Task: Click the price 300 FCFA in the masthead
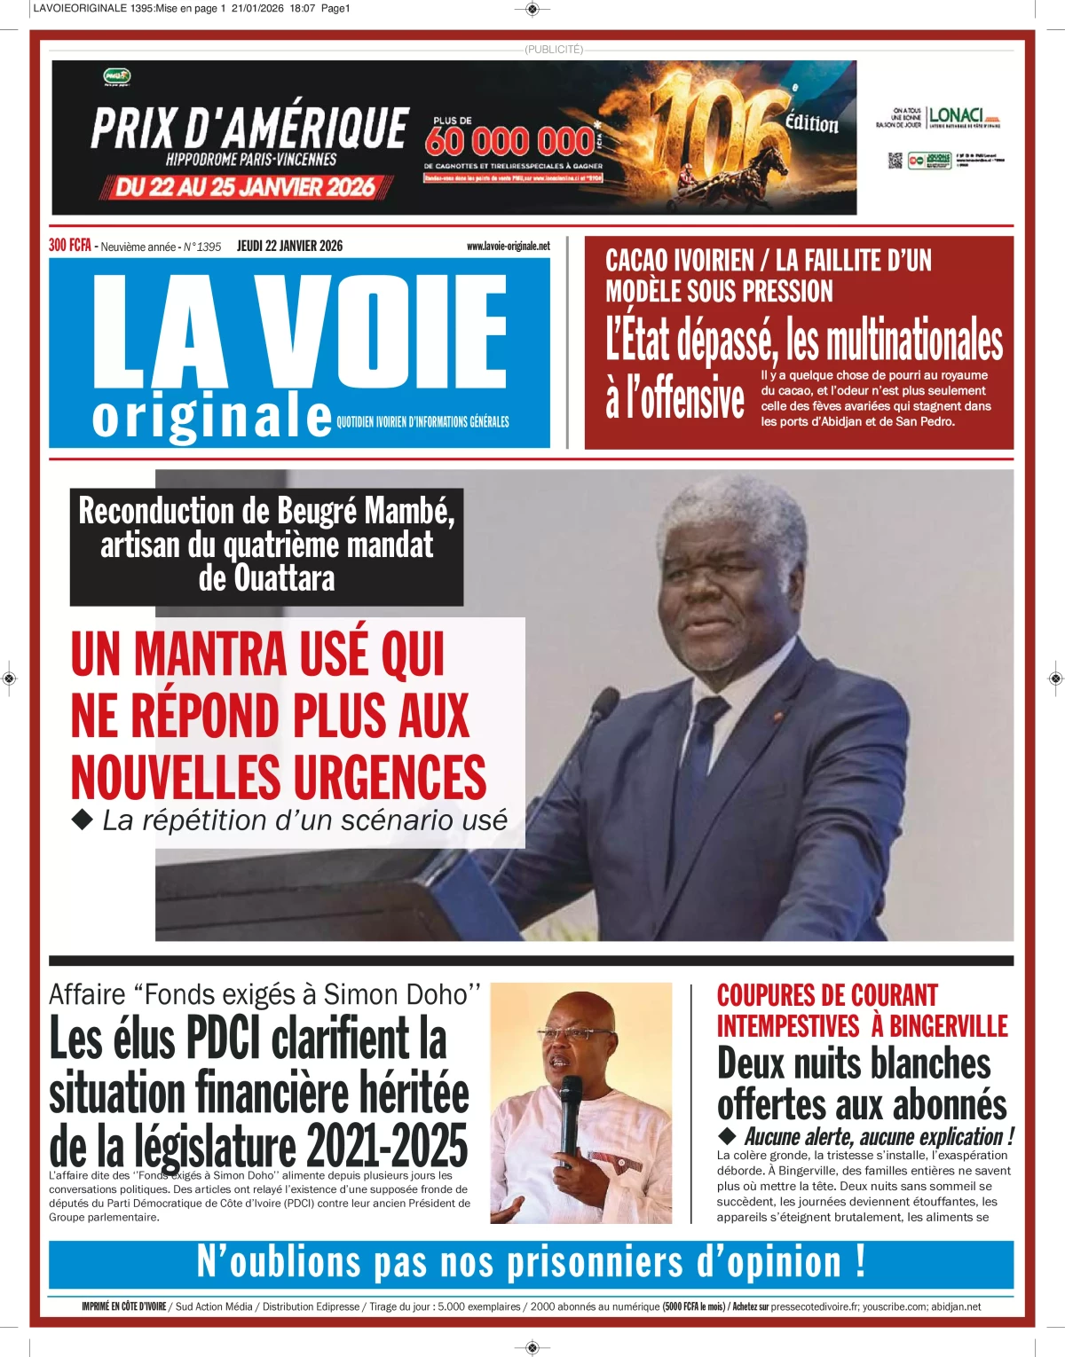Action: (70, 246)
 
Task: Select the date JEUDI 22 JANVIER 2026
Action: (289, 246)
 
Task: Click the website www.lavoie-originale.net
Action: (508, 246)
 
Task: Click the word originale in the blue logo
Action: (211, 417)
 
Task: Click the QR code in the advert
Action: (895, 160)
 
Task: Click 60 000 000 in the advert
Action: (509, 141)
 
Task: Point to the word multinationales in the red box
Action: (914, 341)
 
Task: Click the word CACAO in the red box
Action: (636, 261)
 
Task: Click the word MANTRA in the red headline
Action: (210, 655)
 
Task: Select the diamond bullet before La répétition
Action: (83, 820)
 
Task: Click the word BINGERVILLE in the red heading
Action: (949, 1026)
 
